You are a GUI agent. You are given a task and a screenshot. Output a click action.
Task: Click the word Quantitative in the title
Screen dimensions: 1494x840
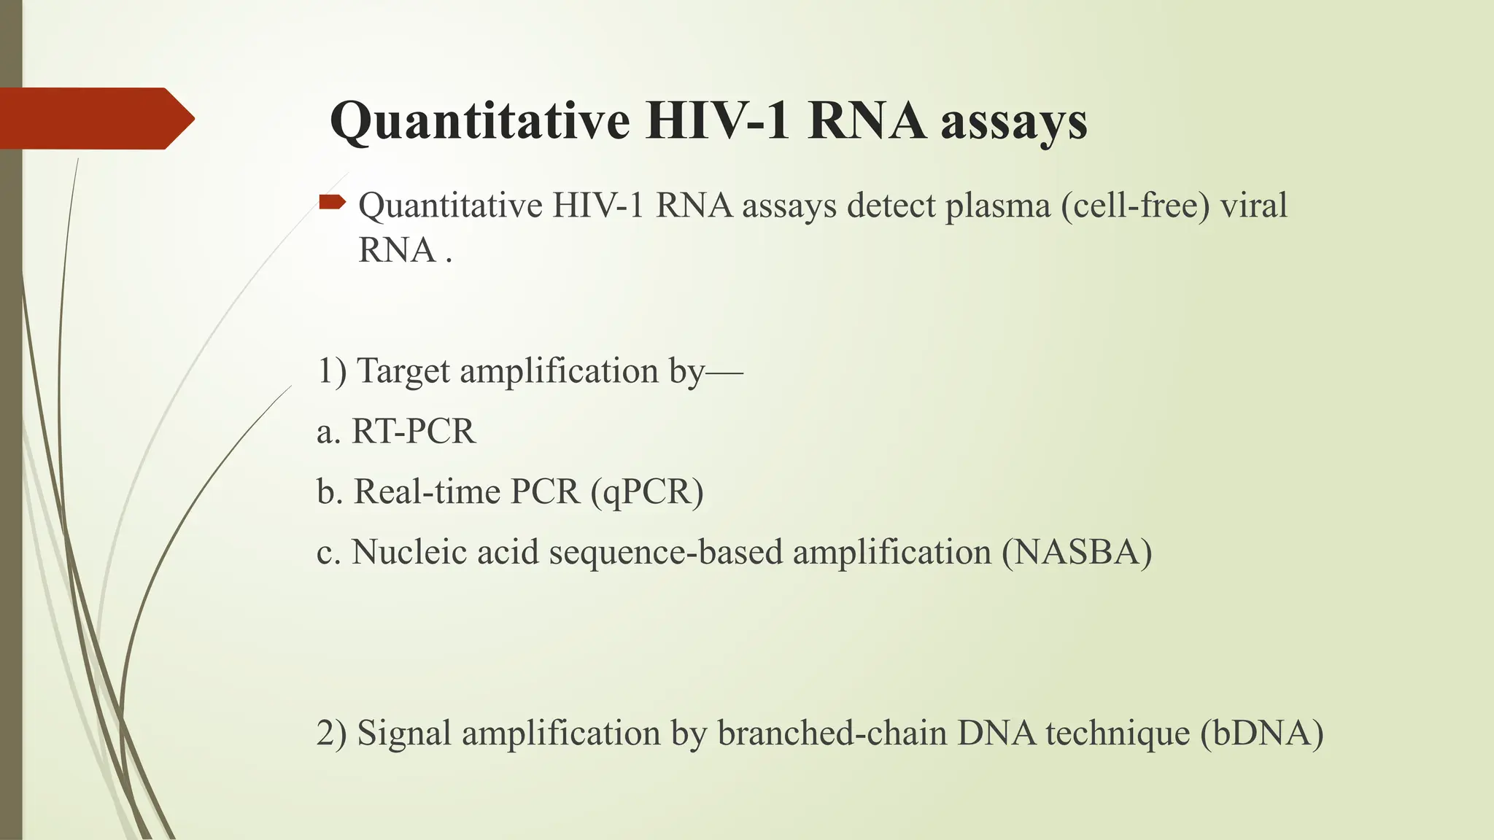pos(480,121)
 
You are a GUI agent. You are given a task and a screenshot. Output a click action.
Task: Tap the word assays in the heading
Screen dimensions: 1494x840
pos(1013,121)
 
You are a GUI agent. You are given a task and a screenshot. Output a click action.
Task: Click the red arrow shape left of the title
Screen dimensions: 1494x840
pos(95,118)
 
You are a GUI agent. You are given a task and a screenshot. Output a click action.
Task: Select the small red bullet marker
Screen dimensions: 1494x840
pos(332,202)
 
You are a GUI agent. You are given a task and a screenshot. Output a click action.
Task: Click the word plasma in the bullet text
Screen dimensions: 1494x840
pos(997,206)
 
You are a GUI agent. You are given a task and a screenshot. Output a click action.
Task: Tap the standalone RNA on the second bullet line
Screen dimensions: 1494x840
pos(397,251)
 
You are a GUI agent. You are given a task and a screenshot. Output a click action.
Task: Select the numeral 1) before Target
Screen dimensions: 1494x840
pos(332,371)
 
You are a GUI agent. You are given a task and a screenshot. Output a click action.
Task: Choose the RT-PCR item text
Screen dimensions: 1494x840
pos(413,432)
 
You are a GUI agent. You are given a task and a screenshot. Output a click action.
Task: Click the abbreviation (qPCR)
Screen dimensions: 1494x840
pos(647,492)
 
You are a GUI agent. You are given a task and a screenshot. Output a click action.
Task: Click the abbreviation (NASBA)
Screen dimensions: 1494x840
pos(1077,553)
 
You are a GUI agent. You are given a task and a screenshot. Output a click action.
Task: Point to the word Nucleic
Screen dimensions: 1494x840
pos(409,553)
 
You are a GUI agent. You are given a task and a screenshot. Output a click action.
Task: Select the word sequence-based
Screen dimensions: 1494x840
pos(665,553)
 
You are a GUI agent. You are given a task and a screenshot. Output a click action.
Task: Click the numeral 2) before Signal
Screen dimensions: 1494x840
pos(332,734)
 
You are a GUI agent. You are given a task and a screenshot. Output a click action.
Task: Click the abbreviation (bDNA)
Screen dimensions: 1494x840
pos(1261,734)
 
